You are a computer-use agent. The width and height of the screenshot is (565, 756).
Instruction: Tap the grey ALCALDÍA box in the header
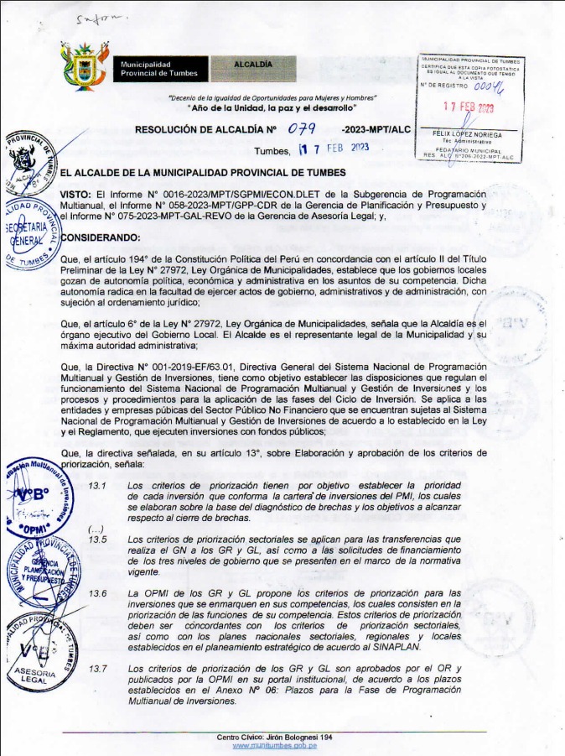(251, 64)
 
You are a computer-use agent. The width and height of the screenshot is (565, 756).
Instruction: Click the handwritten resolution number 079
(301, 129)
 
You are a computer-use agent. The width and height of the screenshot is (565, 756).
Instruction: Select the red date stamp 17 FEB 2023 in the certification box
(469, 107)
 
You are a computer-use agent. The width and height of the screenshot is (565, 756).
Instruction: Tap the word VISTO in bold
(75, 194)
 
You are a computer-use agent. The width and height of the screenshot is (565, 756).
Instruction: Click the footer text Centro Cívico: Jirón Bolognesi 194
(275, 736)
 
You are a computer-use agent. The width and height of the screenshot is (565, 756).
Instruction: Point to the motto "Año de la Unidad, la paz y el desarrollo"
(272, 109)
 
